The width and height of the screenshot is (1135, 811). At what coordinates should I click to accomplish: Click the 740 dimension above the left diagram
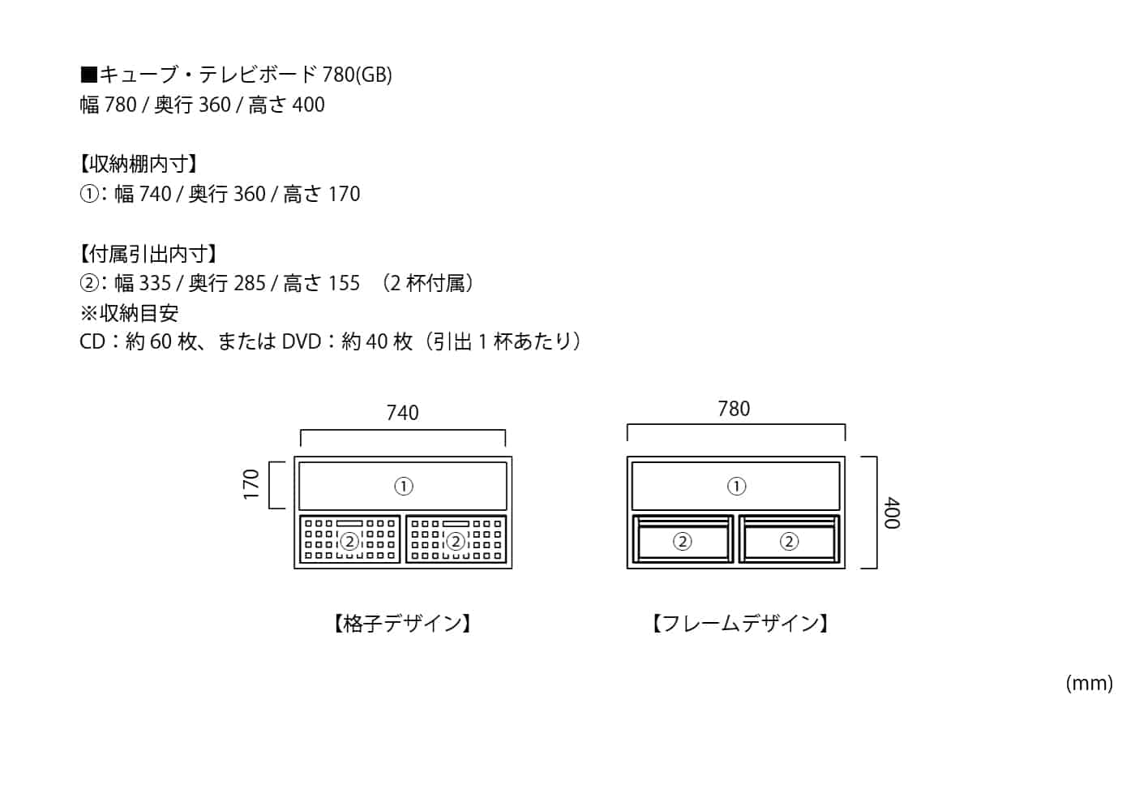pos(402,413)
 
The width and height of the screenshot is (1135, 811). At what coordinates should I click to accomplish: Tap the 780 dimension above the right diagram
pos(734,409)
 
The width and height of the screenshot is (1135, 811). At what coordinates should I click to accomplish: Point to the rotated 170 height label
pos(251,484)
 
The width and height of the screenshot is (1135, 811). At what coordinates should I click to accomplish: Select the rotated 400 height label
pos(892,513)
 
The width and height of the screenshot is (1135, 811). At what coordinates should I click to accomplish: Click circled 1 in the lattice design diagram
pos(404,486)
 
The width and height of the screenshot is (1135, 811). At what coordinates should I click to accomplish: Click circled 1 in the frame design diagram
pos(736,486)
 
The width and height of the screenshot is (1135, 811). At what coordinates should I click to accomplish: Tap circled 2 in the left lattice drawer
pos(349,541)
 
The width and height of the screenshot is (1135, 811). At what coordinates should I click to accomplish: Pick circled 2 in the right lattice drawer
pos(456,541)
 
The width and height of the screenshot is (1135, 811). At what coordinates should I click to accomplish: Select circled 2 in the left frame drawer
pos(683,541)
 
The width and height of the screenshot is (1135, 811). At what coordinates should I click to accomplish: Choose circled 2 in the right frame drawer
pos(789,541)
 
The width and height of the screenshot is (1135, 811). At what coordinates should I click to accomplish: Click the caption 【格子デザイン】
pos(403,623)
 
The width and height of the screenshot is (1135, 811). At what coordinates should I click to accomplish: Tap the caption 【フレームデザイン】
pos(740,623)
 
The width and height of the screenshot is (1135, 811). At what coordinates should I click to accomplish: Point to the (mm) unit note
pos(1089,683)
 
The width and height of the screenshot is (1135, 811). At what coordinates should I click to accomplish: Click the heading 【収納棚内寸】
pos(139,164)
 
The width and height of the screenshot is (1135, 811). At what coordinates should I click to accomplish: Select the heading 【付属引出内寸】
pos(148,254)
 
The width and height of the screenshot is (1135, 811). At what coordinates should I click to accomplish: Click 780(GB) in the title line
pos(357,75)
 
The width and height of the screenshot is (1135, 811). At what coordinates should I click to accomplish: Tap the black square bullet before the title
pos(88,75)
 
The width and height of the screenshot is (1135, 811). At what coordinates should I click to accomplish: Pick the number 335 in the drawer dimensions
pos(155,283)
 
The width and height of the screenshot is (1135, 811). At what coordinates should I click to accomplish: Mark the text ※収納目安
pos(129,313)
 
